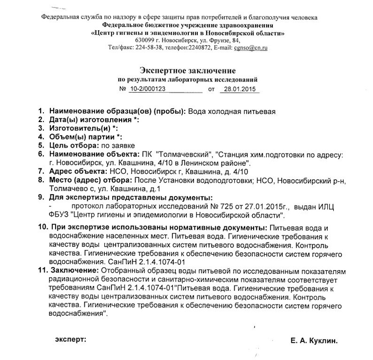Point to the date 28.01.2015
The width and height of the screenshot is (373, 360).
point(238,88)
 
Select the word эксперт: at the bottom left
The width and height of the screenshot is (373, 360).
point(71,340)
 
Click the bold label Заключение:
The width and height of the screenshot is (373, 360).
point(74,270)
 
